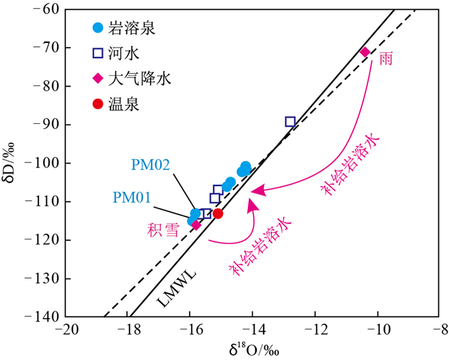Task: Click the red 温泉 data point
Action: [x=218, y=214]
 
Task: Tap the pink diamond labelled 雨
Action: [x=365, y=52]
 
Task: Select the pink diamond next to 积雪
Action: [x=196, y=225]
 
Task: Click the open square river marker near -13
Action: [x=290, y=122]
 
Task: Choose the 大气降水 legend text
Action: [x=140, y=78]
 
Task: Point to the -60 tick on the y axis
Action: [x=46, y=10]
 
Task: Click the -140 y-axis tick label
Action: [x=42, y=317]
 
